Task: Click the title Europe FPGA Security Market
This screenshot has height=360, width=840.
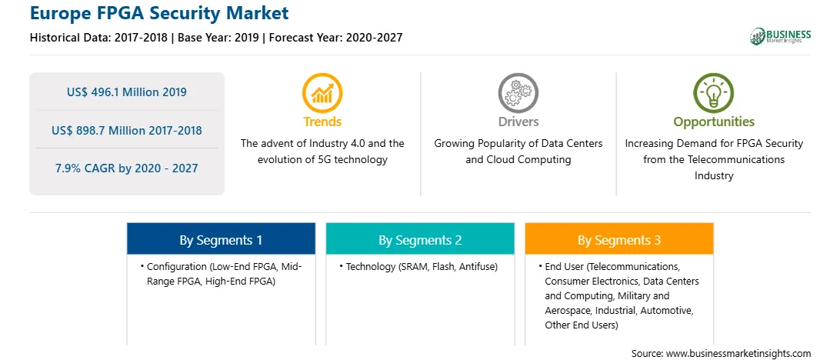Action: click(x=159, y=13)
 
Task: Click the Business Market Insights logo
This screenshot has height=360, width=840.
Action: click(x=781, y=36)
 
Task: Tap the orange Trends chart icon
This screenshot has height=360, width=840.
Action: click(x=322, y=92)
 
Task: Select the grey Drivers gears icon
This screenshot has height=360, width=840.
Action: click(x=518, y=92)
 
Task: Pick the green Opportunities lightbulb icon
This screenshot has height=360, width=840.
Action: click(x=714, y=92)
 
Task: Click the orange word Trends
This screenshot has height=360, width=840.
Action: click(x=322, y=122)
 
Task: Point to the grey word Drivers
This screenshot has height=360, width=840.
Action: click(x=518, y=122)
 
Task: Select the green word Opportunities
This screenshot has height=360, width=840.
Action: click(x=714, y=122)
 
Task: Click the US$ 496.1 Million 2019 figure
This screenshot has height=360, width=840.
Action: click(x=127, y=92)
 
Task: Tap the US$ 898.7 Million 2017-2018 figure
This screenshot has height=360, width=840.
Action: click(x=127, y=130)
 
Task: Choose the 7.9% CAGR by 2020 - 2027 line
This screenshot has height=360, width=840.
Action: click(x=127, y=168)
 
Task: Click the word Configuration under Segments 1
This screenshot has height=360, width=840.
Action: click(x=177, y=267)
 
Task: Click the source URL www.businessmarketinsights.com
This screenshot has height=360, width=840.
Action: click(x=738, y=354)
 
